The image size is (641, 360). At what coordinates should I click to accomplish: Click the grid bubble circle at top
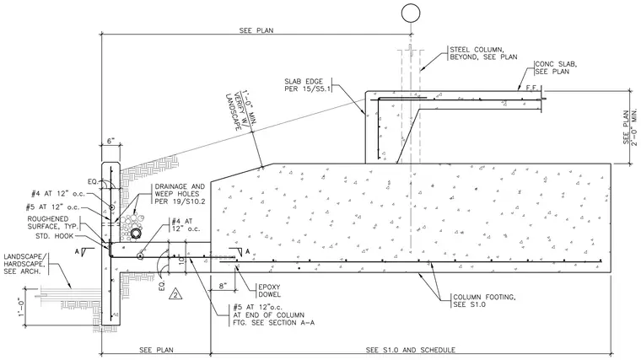coord(411,13)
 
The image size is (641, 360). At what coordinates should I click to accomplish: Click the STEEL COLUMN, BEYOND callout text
coord(483,53)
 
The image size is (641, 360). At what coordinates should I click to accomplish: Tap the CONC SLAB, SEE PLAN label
coord(556,67)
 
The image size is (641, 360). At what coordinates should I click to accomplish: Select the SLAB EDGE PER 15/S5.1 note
coord(307,84)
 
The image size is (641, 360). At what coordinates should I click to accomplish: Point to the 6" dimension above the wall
coord(111,141)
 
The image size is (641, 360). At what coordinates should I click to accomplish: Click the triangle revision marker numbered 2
coord(175,293)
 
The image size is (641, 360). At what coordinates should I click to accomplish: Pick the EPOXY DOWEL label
coord(269,291)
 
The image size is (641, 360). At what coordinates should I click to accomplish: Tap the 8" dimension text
coord(223,286)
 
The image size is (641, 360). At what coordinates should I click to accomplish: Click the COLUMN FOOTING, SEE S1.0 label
coord(484,301)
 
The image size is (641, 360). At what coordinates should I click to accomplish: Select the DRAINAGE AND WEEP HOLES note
coord(180,194)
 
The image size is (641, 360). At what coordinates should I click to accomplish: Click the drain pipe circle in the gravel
coord(136,234)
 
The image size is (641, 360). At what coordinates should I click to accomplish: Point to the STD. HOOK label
coord(54,236)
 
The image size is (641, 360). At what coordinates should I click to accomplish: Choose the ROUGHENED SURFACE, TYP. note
coord(53,223)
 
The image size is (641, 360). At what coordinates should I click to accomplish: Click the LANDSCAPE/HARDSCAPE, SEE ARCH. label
coord(24,264)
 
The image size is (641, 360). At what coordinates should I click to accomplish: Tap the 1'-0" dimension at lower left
coord(21,307)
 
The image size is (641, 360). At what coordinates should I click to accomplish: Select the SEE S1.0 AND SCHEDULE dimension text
coord(411,350)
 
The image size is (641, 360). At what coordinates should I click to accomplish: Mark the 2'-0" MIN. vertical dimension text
coord(634,127)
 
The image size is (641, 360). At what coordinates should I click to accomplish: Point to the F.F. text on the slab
coord(531,88)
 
